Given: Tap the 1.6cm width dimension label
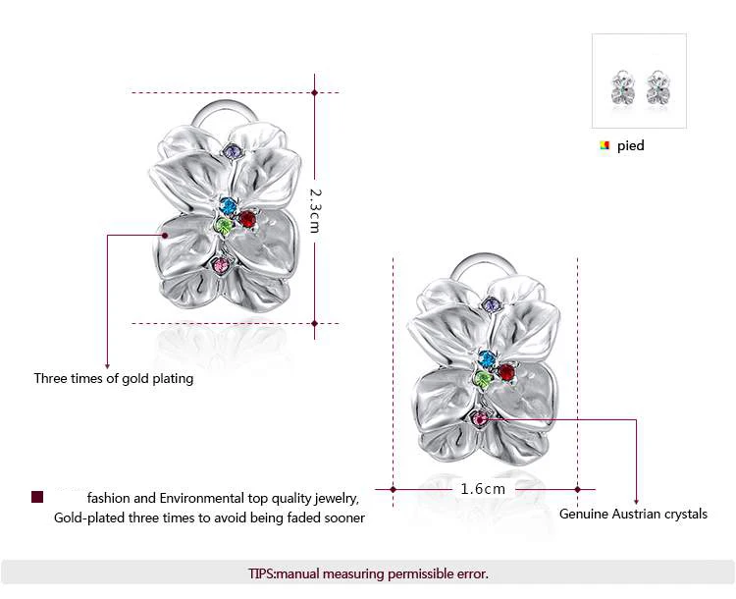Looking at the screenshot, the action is [x=483, y=488].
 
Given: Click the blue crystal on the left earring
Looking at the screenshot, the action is [x=229, y=206].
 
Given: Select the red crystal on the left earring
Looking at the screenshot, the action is [x=247, y=218].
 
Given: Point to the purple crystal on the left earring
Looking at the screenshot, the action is [x=233, y=152].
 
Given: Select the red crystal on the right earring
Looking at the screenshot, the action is [x=506, y=372].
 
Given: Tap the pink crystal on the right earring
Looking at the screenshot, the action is [x=480, y=420].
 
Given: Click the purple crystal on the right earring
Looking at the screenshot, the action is [x=492, y=306].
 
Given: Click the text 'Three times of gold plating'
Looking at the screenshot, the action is [x=114, y=378].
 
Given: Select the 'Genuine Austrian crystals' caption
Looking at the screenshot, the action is [x=633, y=514].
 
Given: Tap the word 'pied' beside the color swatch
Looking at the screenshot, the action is [x=631, y=145].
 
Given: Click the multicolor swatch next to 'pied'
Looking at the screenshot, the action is [x=605, y=145].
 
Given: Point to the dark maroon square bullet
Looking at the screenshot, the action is [x=37, y=497].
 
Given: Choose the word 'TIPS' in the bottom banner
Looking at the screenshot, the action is [x=263, y=573].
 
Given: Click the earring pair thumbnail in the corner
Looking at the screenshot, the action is [x=639, y=82].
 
